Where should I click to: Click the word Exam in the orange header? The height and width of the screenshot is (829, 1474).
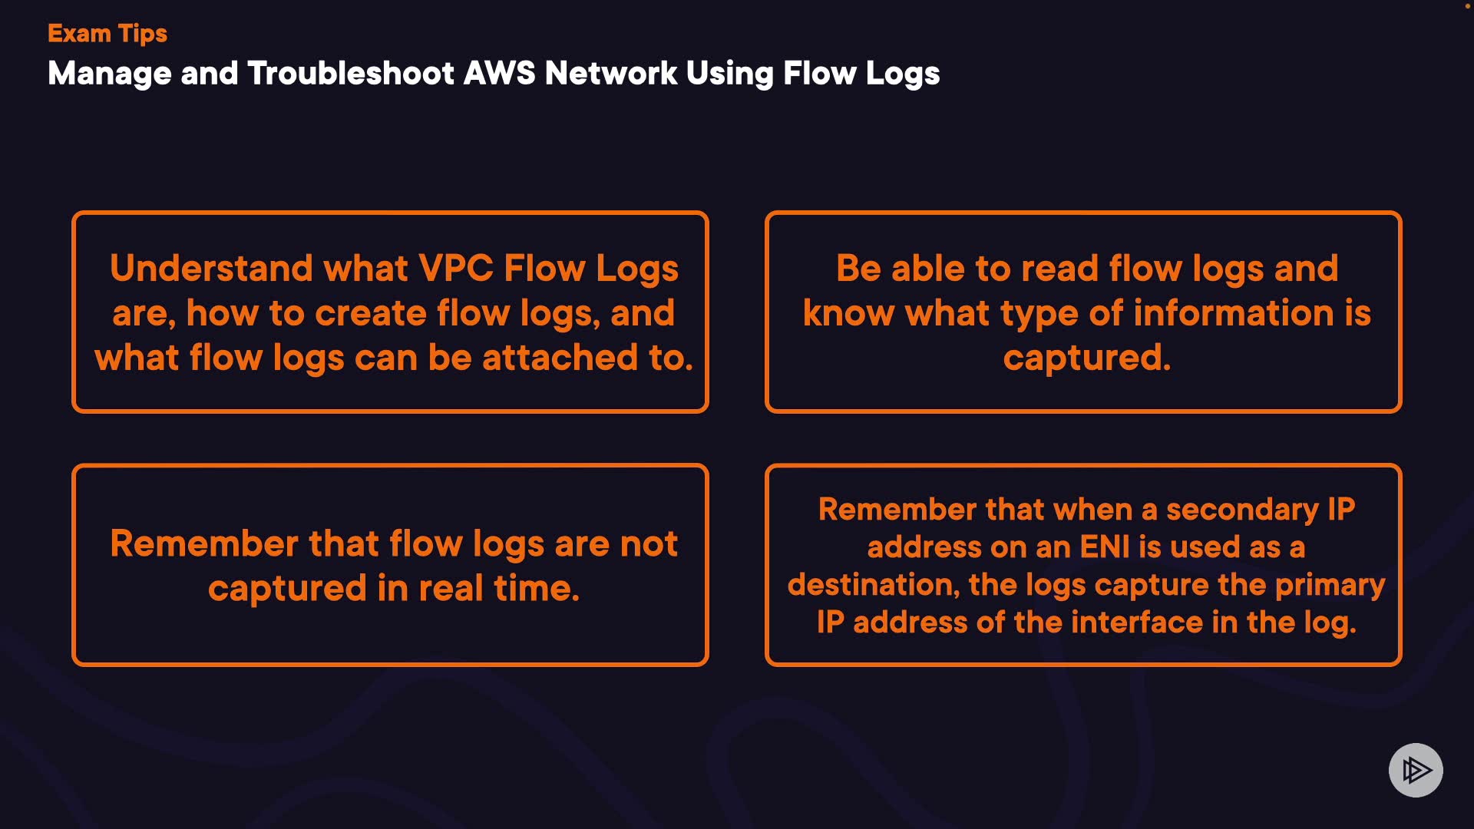click(79, 33)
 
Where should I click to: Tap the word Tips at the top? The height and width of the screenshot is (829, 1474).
click(143, 34)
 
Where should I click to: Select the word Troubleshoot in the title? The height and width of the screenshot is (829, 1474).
click(351, 74)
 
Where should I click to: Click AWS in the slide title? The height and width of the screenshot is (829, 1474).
click(500, 74)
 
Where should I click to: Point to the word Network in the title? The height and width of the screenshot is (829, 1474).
click(610, 74)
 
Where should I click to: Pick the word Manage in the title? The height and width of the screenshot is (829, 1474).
click(110, 74)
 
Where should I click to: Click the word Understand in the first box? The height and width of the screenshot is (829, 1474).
click(211, 268)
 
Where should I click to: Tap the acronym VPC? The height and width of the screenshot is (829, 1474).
click(456, 268)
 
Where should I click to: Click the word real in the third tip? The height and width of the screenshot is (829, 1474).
click(451, 588)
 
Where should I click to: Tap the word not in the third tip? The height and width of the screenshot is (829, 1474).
click(649, 543)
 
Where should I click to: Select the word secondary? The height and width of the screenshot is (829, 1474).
click(1242, 509)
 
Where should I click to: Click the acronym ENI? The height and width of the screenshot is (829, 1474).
click(1105, 547)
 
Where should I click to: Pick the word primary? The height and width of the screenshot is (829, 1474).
click(1330, 585)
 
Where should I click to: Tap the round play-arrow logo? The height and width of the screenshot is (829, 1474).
click(1416, 770)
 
